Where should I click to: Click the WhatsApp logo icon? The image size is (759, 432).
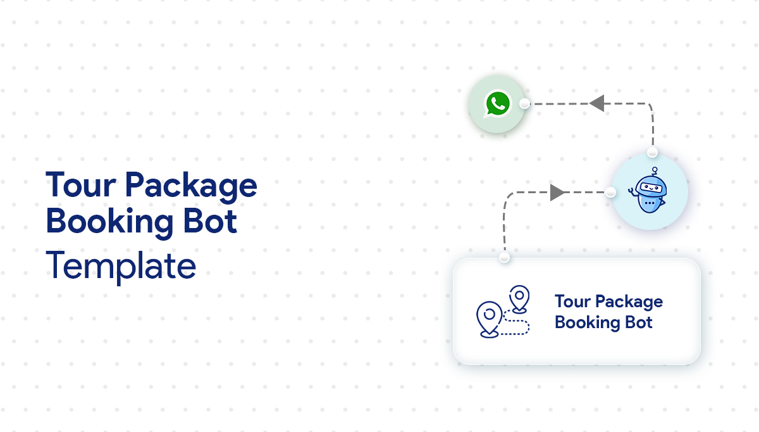click(497, 105)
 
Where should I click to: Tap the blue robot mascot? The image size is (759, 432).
click(650, 192)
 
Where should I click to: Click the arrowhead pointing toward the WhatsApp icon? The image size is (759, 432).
click(596, 103)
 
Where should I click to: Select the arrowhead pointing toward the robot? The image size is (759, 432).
click(557, 193)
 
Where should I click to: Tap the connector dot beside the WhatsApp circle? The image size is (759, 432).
click(524, 104)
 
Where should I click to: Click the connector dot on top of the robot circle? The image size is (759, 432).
click(652, 153)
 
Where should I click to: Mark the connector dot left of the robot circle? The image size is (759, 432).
click(610, 192)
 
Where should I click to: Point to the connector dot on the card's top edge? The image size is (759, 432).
click(504, 258)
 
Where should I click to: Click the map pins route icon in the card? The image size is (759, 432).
click(503, 312)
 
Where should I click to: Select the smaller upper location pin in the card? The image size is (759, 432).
click(519, 298)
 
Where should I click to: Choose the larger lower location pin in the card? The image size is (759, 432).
click(488, 318)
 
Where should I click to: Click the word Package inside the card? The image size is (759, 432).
click(629, 302)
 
